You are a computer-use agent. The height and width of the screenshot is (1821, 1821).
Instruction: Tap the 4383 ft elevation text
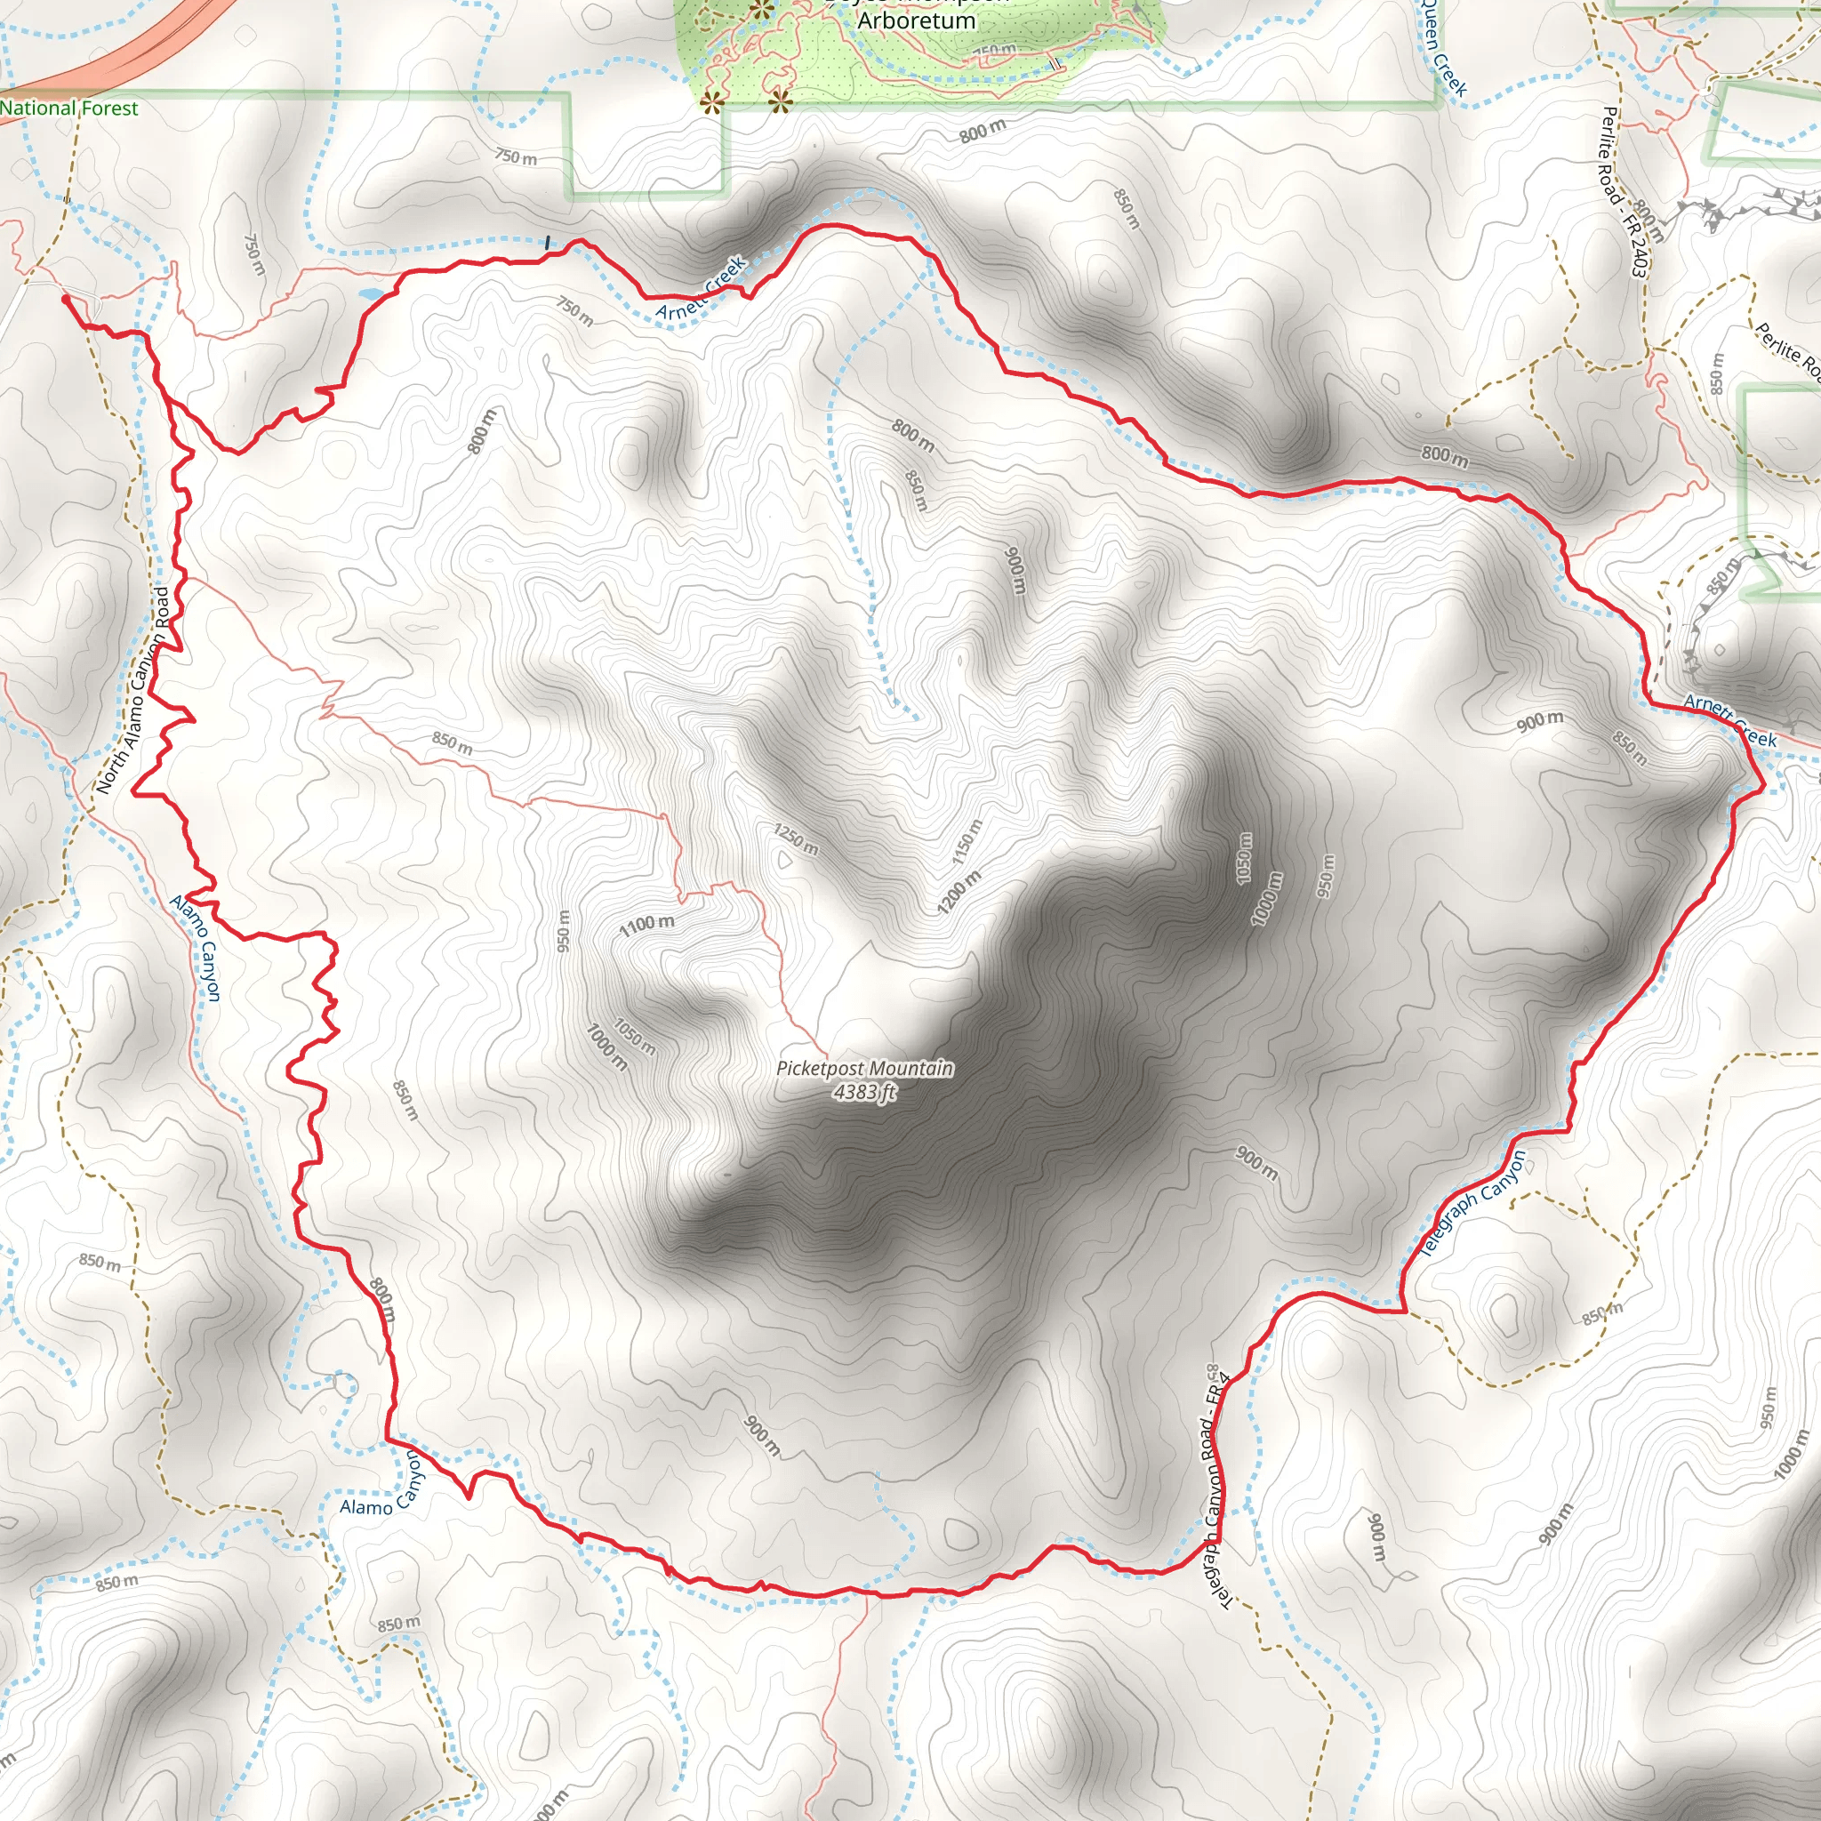(864, 1093)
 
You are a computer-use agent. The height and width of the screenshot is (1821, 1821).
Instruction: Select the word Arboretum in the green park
(916, 20)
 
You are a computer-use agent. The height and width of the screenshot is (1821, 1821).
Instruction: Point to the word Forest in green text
(108, 108)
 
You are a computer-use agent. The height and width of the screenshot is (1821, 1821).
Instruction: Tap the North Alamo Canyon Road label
(134, 690)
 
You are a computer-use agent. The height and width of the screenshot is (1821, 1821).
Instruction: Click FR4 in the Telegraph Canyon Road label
(1221, 1392)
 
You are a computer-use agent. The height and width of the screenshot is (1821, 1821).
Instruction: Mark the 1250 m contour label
(797, 838)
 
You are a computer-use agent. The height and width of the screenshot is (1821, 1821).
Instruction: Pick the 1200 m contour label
(959, 892)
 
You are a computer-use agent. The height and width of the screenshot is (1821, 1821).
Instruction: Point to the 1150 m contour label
(967, 842)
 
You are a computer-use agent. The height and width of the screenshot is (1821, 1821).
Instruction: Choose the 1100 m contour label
(646, 926)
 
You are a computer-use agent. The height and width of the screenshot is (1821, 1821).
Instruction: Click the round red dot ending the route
(66, 299)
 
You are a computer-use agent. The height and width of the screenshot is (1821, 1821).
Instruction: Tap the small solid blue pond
(371, 294)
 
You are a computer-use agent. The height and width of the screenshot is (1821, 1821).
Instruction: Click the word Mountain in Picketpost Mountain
(907, 1069)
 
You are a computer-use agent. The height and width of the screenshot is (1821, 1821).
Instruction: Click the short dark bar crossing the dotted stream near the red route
(548, 243)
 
